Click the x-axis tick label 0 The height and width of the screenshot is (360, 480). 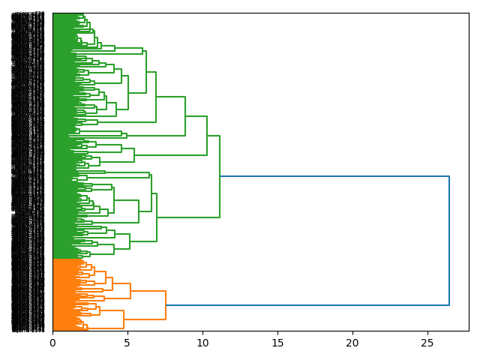pyautogui.click(x=52, y=343)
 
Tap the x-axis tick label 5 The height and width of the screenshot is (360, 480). pyautogui.click(x=127, y=343)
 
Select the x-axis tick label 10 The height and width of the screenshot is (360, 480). pyautogui.click(x=202, y=343)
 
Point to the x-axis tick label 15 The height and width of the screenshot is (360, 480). pyautogui.click(x=277, y=343)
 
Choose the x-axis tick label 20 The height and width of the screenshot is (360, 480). pyautogui.click(x=352, y=343)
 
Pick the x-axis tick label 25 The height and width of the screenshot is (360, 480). pyautogui.click(x=427, y=343)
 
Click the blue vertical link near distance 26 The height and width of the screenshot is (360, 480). pyautogui.click(x=449, y=240)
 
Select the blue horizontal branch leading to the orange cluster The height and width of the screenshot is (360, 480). pyautogui.click(x=307, y=305)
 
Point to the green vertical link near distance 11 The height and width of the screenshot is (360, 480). pyautogui.click(x=220, y=176)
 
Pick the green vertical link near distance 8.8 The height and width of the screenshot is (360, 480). pyautogui.click(x=185, y=116)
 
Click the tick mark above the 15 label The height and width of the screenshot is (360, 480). pyautogui.click(x=277, y=332)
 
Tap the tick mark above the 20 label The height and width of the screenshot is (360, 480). pyautogui.click(x=352, y=332)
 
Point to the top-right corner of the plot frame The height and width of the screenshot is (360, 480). pyautogui.click(x=469, y=13)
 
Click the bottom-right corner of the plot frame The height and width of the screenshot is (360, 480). pyautogui.click(x=469, y=331)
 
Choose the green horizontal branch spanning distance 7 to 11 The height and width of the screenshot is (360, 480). pyautogui.click(x=188, y=217)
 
